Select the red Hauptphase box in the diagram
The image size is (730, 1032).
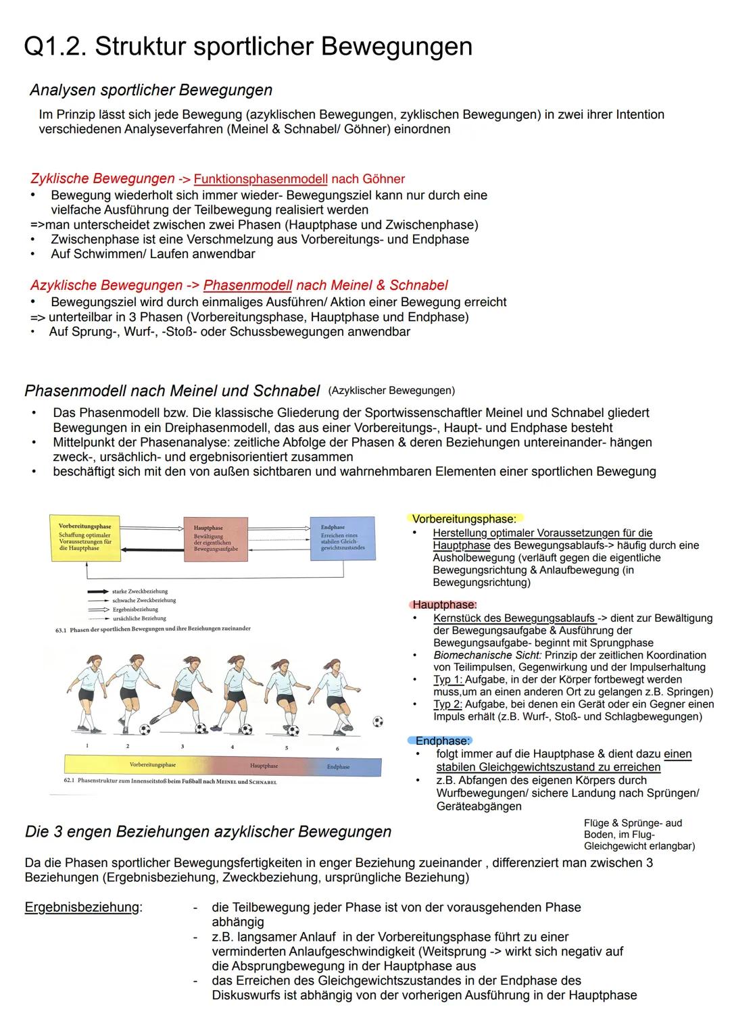click(x=216, y=539)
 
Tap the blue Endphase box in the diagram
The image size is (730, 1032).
click(x=342, y=538)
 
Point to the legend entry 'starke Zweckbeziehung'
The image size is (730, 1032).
click(x=140, y=591)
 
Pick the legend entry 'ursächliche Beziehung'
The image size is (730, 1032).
click(x=139, y=618)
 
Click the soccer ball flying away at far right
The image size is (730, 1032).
click(x=378, y=721)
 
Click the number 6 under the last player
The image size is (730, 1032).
click(x=337, y=748)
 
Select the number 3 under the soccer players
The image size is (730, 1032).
click(x=182, y=747)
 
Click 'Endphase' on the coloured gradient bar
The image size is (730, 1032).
click(x=338, y=766)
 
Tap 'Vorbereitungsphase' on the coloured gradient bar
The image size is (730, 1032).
click(x=152, y=765)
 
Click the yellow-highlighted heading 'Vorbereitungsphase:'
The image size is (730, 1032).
click(x=464, y=519)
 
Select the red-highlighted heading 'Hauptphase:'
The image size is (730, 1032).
click(x=444, y=604)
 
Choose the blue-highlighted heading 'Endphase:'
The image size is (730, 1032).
click(x=442, y=741)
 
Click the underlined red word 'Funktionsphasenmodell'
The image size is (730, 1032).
click(x=260, y=179)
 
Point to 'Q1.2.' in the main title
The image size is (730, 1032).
click(x=55, y=47)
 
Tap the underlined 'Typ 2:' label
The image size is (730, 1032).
click(x=447, y=704)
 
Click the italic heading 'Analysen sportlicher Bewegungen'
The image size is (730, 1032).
click(x=151, y=90)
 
